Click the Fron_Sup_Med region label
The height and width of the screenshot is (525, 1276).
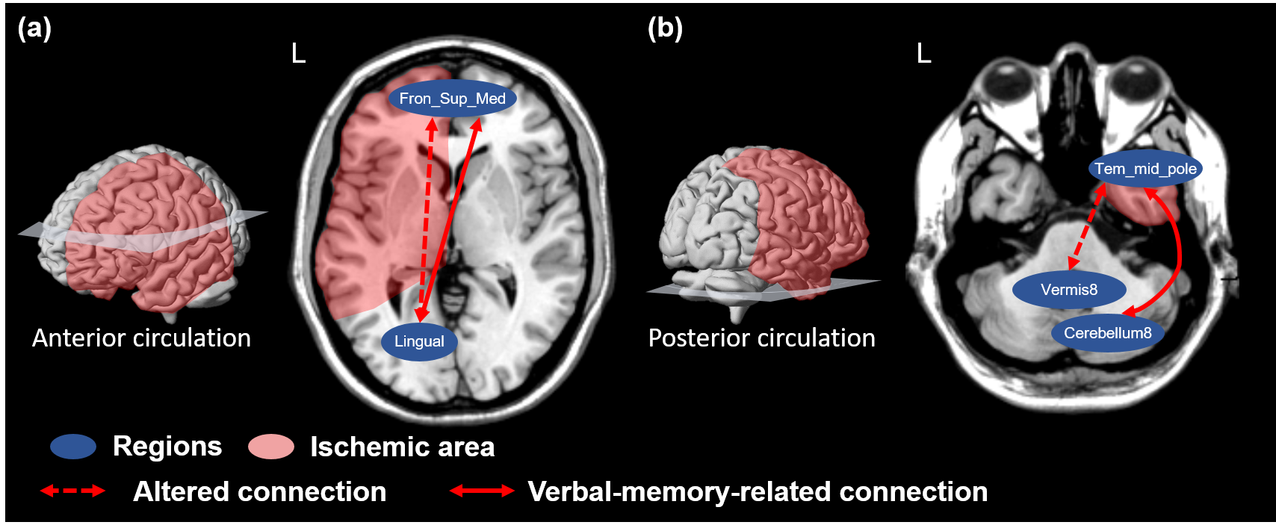pos(452,99)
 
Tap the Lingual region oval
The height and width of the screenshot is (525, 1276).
pos(419,341)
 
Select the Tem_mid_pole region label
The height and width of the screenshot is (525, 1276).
pos(1145,169)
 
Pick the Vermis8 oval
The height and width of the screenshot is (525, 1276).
pos(1069,290)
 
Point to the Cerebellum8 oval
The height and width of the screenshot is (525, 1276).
pos(1108,333)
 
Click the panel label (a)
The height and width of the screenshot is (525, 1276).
pos(34,28)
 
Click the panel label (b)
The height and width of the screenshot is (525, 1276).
pos(665,28)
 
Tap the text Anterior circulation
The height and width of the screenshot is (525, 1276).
pos(141,338)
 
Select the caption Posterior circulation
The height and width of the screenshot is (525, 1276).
pos(761,338)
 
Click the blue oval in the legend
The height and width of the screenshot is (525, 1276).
pos(73,447)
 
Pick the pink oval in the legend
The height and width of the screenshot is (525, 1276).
pos(271,447)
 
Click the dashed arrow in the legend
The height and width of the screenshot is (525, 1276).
pos(72,491)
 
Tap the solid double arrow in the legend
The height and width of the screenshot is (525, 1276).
pos(482,491)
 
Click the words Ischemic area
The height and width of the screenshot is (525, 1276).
pos(402,447)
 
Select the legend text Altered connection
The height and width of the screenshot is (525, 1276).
pos(259,491)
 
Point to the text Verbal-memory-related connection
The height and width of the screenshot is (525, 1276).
pos(758,491)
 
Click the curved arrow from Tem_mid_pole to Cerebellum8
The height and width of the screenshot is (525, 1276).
pos(1178,254)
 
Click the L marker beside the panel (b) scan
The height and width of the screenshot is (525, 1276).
pos(924,54)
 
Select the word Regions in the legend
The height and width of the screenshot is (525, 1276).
pos(167,447)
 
